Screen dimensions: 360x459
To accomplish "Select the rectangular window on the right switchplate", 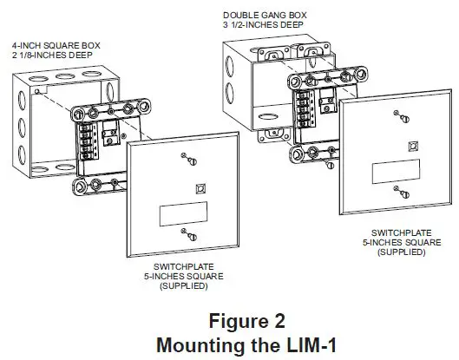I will pyautogui.click(x=395, y=171).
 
